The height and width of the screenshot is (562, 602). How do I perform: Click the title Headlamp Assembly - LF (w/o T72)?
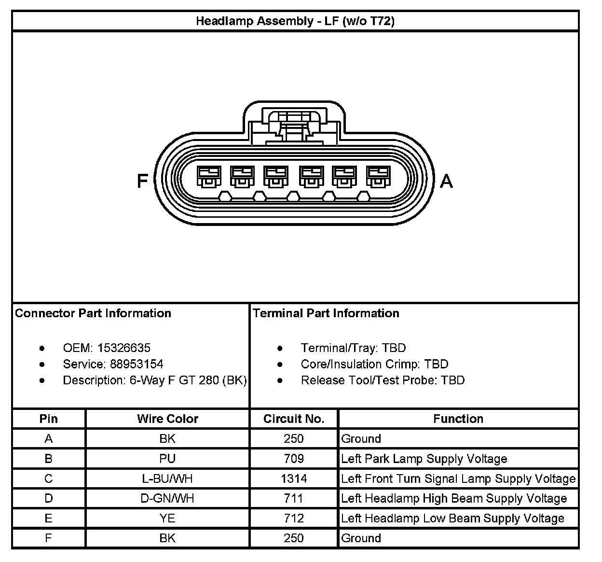[295, 21]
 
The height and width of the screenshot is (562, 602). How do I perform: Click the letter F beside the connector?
[142, 181]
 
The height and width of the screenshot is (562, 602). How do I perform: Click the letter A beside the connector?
[447, 181]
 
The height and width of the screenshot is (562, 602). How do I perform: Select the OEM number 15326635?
[123, 348]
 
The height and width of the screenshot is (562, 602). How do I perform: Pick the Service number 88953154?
[137, 364]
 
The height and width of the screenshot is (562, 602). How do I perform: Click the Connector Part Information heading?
[93, 313]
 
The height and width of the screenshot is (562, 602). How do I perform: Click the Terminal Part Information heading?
[326, 313]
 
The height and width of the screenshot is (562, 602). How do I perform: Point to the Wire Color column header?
[167, 419]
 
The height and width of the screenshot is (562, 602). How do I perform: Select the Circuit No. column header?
[294, 419]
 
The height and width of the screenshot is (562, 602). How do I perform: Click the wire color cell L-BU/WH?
[167, 478]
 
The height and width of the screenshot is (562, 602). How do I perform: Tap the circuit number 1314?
[294, 478]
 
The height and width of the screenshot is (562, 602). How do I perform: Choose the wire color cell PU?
[167, 459]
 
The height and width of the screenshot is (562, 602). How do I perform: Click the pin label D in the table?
[48, 498]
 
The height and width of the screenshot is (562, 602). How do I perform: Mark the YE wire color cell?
[167, 518]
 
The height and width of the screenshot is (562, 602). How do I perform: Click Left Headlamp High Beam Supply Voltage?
[454, 498]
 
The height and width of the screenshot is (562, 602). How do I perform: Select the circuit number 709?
[294, 459]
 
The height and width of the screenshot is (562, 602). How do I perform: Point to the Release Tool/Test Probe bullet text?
[383, 380]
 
